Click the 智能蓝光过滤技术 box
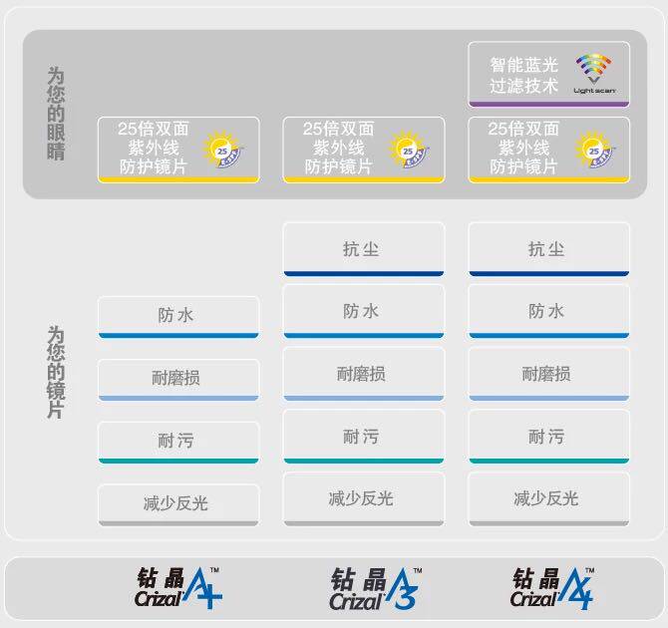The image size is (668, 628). [548, 74]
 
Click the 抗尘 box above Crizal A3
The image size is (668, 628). [363, 248]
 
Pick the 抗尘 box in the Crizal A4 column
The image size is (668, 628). [548, 248]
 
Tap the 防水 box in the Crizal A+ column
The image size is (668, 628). [177, 316]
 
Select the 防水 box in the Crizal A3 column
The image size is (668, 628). [363, 312]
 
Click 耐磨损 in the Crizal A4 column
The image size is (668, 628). [548, 374]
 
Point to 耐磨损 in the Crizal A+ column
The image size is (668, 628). [177, 379]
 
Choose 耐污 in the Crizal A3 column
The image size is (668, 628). [363, 437]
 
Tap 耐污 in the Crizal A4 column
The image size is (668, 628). [548, 437]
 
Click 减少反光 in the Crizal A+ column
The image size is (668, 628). [177, 504]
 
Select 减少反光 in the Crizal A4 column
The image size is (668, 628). [548, 498]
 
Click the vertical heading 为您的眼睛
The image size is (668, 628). [56, 114]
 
